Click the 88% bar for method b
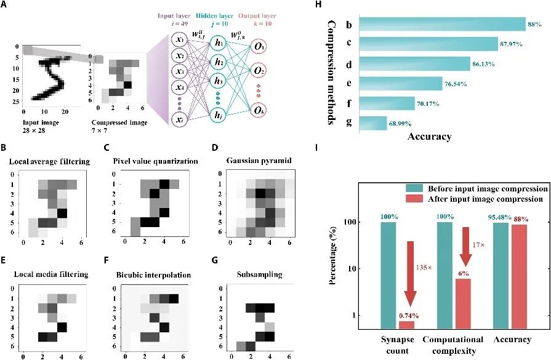coord(440,24)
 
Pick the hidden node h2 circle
coord(220,62)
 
